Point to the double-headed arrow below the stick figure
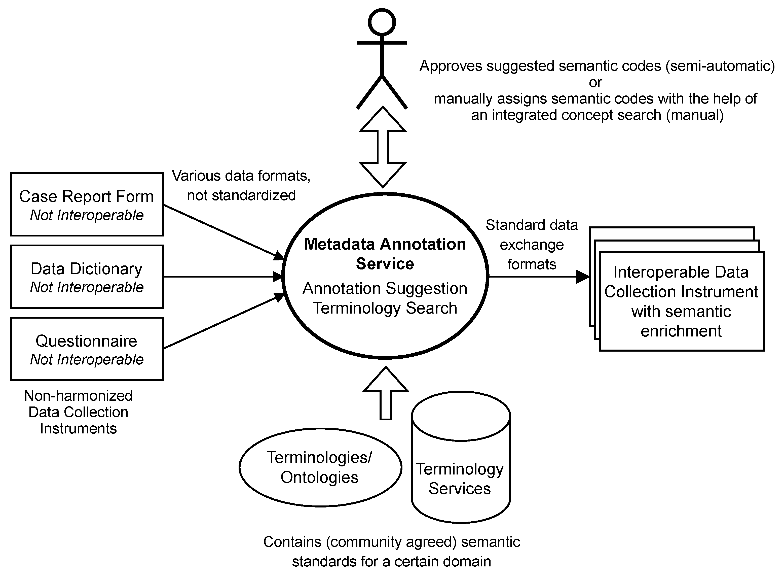(x=383, y=147)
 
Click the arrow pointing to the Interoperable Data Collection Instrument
(x=539, y=277)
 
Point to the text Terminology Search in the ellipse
(x=385, y=308)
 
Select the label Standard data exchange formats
(x=532, y=245)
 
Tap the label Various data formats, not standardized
(x=241, y=185)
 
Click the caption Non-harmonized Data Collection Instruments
(x=78, y=412)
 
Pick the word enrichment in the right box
(x=681, y=331)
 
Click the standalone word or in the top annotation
(x=595, y=83)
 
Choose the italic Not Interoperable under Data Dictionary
(x=87, y=287)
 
